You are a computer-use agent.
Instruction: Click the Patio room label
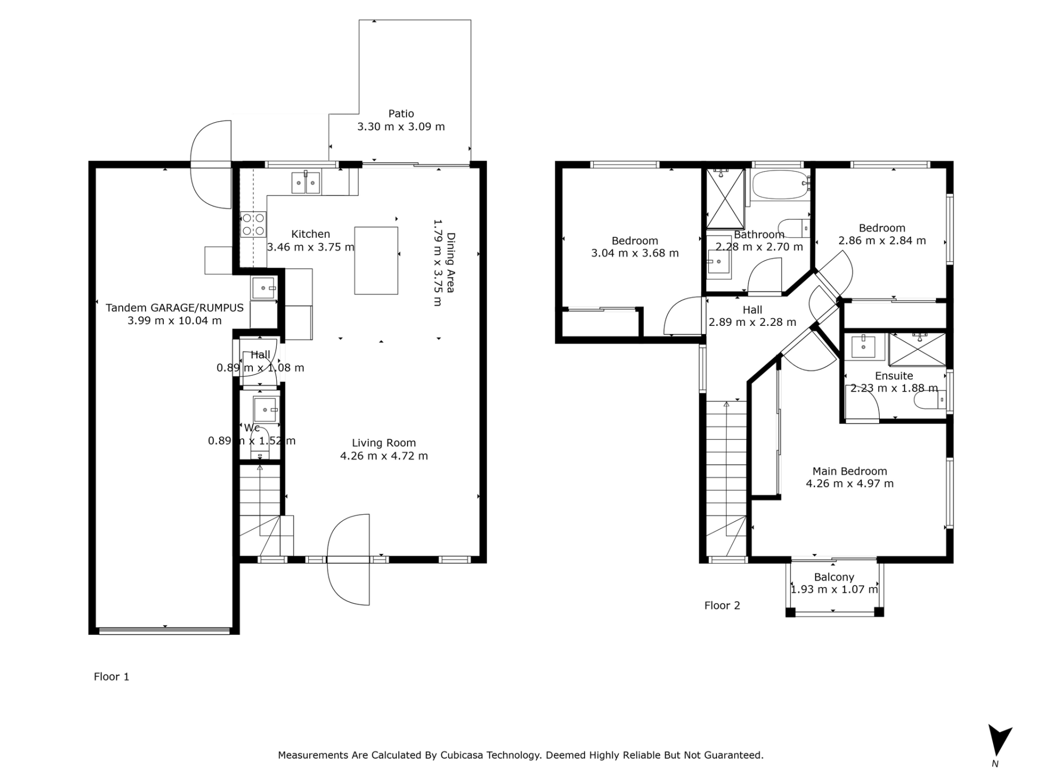(401, 114)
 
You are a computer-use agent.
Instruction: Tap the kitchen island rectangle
(376, 261)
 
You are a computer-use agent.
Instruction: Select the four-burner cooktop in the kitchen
(253, 224)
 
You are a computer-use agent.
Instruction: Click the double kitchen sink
(306, 182)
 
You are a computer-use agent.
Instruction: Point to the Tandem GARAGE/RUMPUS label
(174, 308)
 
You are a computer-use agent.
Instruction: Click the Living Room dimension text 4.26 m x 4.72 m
(384, 456)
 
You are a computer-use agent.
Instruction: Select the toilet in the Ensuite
(930, 400)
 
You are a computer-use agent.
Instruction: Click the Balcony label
(834, 577)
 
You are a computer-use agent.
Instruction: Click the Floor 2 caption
(722, 606)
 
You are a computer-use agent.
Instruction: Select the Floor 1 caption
(111, 677)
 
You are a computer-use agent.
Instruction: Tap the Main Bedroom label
(849, 471)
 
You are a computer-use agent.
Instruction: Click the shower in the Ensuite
(917, 349)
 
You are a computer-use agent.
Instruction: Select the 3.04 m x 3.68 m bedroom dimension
(635, 253)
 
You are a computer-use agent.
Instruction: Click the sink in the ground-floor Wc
(266, 409)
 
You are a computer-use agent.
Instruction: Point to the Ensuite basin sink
(863, 346)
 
